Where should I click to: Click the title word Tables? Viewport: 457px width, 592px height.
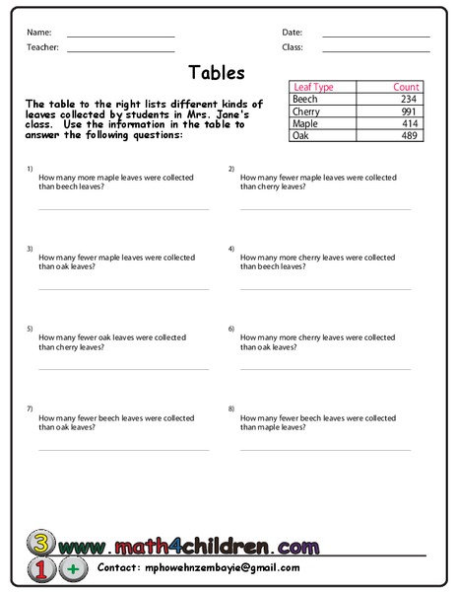point(216,72)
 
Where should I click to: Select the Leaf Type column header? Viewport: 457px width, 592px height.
point(313,87)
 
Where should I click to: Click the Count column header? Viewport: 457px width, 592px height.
point(406,87)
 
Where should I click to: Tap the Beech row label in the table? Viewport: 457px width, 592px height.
point(305,99)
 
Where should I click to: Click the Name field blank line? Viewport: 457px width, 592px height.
point(120,36)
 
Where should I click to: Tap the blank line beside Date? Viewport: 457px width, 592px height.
point(375,36)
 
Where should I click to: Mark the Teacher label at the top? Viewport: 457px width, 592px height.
point(43,47)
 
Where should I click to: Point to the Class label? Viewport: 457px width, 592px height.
point(292,47)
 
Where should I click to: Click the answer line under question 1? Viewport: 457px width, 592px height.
point(123,208)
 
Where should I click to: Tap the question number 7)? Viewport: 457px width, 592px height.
point(31,407)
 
